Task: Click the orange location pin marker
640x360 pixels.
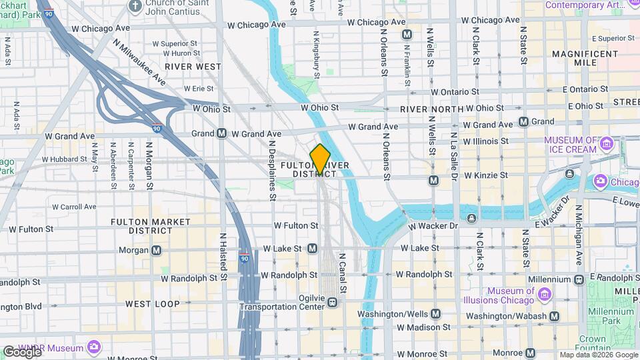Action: [x=320, y=159]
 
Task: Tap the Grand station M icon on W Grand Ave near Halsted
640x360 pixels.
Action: [x=221, y=133]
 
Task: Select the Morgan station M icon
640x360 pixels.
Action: [x=156, y=251]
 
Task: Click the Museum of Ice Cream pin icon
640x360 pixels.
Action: [x=606, y=144]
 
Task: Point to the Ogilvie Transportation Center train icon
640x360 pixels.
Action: [x=331, y=303]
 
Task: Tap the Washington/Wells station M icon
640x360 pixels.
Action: [x=435, y=313]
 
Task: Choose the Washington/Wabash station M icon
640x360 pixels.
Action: [x=554, y=316]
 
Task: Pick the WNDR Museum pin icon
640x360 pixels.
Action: [x=93, y=347]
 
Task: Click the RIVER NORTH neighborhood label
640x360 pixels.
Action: [x=432, y=109]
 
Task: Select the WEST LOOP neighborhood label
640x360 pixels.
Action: [x=153, y=304]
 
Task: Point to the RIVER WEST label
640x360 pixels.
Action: [x=193, y=67]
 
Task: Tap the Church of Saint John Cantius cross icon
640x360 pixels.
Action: [x=135, y=5]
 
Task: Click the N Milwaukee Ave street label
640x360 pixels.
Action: [x=139, y=61]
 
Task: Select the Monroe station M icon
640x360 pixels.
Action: [x=531, y=353]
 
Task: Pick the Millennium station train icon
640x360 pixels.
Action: [x=579, y=279]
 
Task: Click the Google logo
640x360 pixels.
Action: [x=21, y=351]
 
